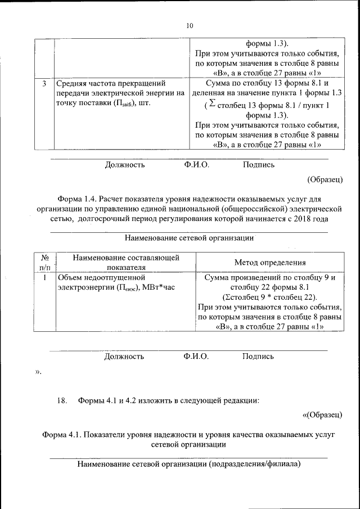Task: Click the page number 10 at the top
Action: tap(189, 25)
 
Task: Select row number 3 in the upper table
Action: tap(44, 84)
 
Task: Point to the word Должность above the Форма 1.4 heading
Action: tap(125, 165)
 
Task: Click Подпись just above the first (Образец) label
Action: tap(259, 165)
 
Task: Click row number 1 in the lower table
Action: tap(44, 277)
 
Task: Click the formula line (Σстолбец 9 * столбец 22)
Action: tap(269, 297)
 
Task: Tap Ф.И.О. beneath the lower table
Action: tap(196, 356)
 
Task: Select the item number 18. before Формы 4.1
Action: tap(62, 400)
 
